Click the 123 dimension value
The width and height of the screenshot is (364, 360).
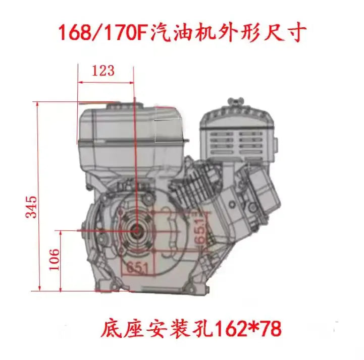coord(103,71)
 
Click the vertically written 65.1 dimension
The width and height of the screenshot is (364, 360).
coord(201,230)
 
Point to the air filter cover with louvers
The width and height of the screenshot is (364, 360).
coord(237,141)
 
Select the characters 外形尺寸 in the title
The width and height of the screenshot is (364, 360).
coord(262,33)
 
